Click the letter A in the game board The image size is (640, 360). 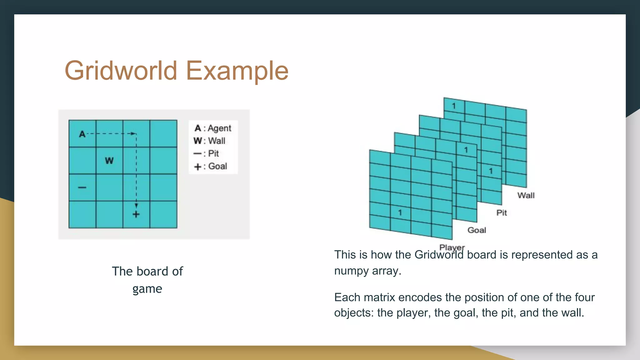pos(82,134)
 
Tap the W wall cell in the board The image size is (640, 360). pos(109,161)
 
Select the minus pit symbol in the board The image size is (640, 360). pos(82,187)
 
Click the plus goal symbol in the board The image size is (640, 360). pos(136,214)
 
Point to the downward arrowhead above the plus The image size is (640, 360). pos(136,206)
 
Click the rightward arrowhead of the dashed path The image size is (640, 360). pos(133,134)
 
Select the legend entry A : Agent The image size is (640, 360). pos(213,128)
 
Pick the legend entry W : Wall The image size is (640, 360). pos(209,141)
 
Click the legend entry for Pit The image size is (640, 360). pos(206,153)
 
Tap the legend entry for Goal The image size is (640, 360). pos(211,166)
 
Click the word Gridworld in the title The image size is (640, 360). pos(121,71)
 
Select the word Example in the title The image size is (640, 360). pos(237,71)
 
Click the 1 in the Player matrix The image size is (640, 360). pos(400,213)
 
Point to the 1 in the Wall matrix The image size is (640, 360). pos(454,106)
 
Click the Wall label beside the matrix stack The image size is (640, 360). pos(526,196)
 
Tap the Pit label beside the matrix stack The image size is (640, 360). pos(502,213)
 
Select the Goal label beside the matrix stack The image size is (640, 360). pos(477,230)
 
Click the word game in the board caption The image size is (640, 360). pos(147,289)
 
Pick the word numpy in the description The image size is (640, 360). pos(352,271)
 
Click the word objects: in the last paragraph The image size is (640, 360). pos(354,313)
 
